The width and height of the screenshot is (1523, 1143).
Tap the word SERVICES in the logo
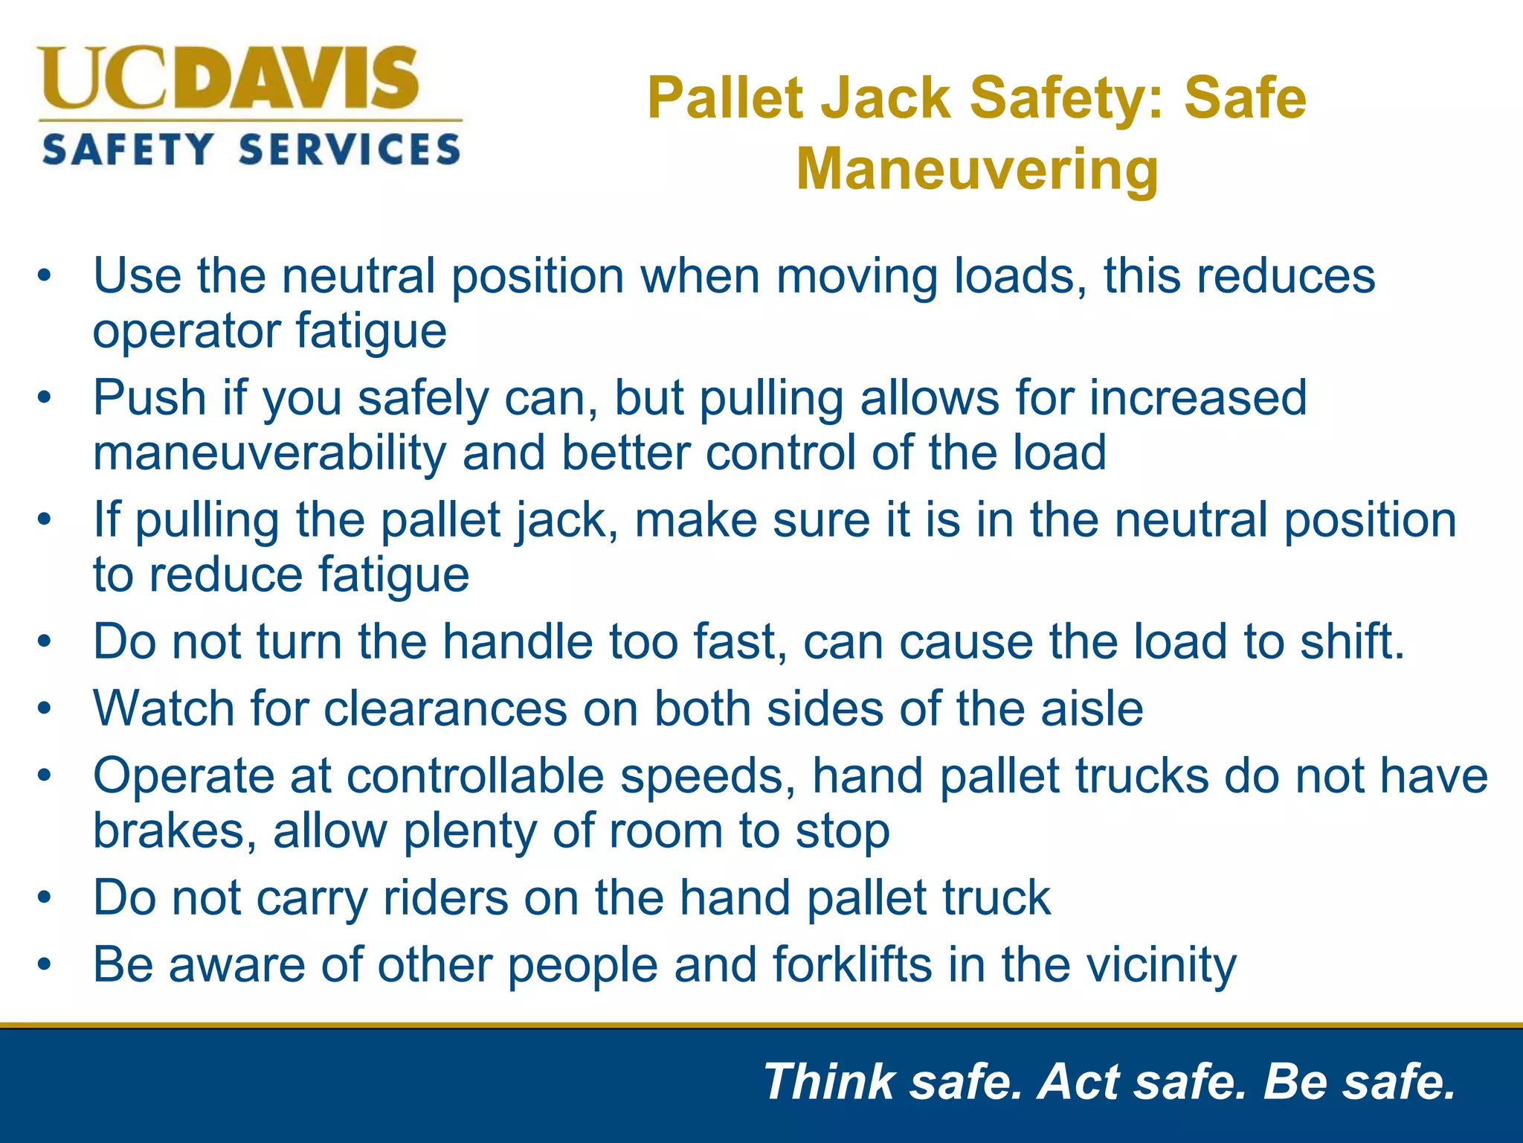coord(350,150)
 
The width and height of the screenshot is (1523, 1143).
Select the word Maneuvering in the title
coord(977,170)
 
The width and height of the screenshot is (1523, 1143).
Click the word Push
coord(149,397)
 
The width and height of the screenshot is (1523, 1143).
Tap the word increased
coord(1198,397)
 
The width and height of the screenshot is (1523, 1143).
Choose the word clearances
coord(445,708)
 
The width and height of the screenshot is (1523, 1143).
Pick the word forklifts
coord(852,965)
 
